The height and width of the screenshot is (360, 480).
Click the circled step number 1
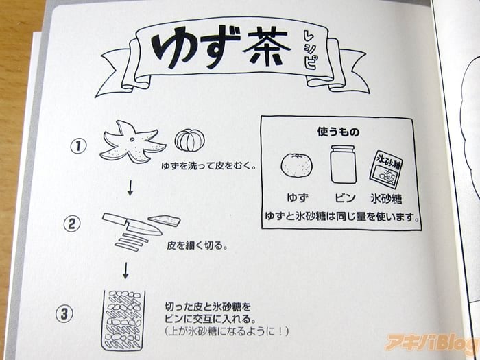pos(78,146)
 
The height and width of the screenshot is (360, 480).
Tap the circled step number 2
pos(72,224)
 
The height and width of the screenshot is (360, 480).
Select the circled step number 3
pos(64,314)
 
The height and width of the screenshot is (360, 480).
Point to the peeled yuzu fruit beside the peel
pos(189,140)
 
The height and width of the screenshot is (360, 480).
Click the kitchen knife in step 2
pos(132,224)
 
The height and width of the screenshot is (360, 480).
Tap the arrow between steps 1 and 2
pos(130,188)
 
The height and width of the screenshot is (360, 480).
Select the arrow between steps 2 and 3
pos(125,271)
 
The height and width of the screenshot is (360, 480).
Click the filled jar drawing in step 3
pos(123,320)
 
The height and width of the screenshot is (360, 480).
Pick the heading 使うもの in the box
pos(338,132)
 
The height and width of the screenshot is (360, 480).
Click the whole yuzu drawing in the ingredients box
pos(297,165)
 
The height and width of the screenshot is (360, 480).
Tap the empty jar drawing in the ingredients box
pos(343,165)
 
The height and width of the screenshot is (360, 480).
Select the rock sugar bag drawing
pos(385,169)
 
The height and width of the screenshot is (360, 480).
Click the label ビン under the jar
pos(345,198)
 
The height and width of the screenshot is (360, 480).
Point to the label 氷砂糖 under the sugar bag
pos(386,199)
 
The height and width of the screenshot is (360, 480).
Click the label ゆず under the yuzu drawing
pos(297,197)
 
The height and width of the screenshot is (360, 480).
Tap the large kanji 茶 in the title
pos(266,46)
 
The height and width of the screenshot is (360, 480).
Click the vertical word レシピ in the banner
pos(309,50)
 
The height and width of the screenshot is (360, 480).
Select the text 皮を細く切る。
pos(197,245)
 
